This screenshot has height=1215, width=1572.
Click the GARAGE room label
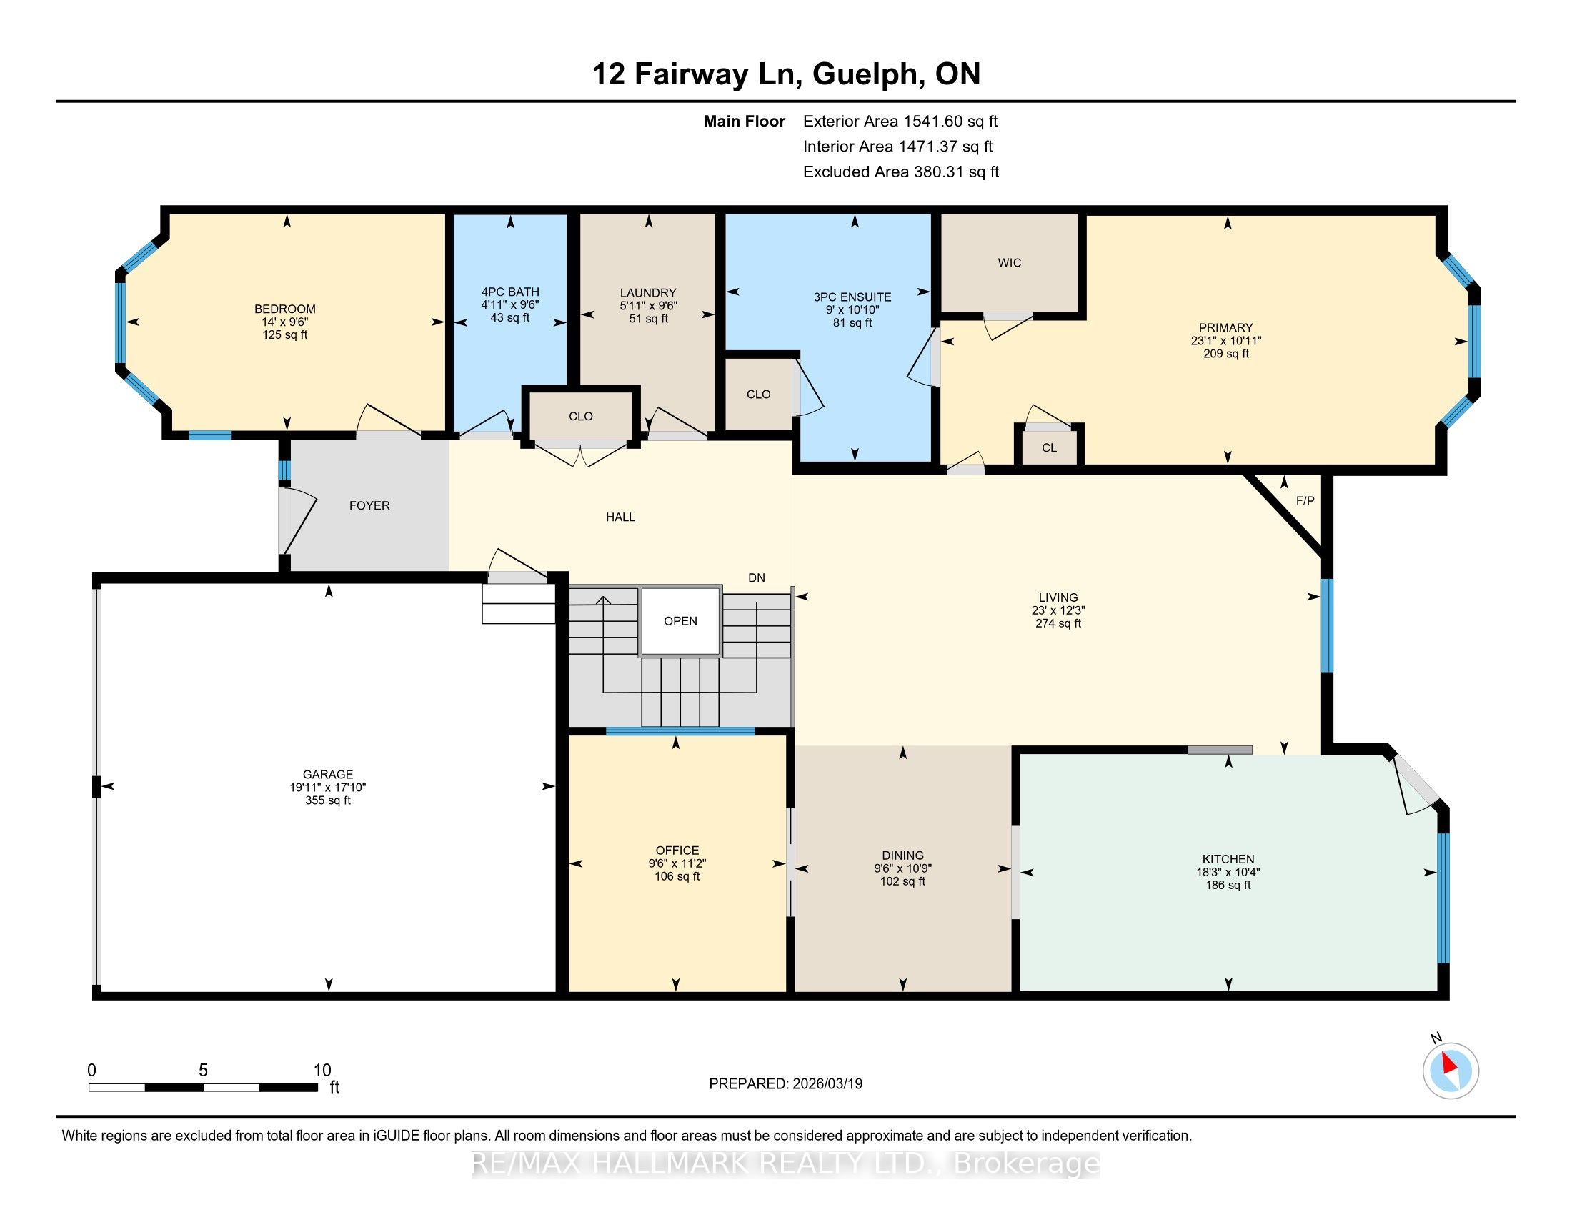pyautogui.click(x=327, y=775)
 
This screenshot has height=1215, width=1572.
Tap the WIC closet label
pyautogui.click(x=1009, y=263)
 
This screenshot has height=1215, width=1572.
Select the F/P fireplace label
pyautogui.click(x=1305, y=501)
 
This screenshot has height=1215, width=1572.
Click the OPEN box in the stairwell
pyautogui.click(x=680, y=621)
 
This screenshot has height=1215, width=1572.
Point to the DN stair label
pyautogui.click(x=757, y=577)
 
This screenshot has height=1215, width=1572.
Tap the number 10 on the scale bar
pyautogui.click(x=322, y=1071)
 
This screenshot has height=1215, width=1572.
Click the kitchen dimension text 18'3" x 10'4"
pyautogui.click(x=1228, y=872)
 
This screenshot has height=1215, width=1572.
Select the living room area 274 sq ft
pyautogui.click(x=1058, y=623)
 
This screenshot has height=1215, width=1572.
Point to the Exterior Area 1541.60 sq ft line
pyautogui.click(x=900, y=121)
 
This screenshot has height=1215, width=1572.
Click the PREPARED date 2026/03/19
pyautogui.click(x=826, y=1084)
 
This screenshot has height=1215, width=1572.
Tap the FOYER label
pyautogui.click(x=369, y=505)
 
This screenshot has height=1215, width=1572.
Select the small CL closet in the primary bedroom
pyautogui.click(x=1050, y=446)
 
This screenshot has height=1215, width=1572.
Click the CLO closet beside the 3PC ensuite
pyautogui.click(x=759, y=394)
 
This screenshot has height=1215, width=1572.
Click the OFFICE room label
pyautogui.click(x=677, y=850)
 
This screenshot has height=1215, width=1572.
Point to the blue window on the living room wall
pyautogui.click(x=1327, y=625)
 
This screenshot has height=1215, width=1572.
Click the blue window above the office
pyautogui.click(x=680, y=731)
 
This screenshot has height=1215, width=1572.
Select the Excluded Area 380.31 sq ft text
pyautogui.click(x=901, y=172)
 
